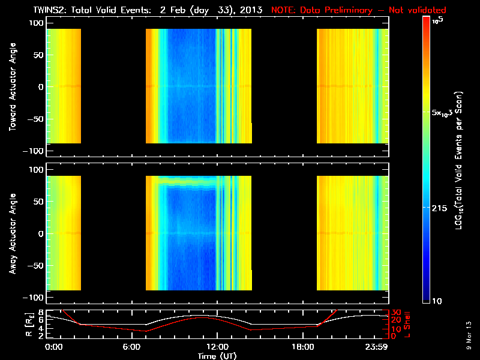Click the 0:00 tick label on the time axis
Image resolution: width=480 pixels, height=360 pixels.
pyautogui.click(x=53, y=347)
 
